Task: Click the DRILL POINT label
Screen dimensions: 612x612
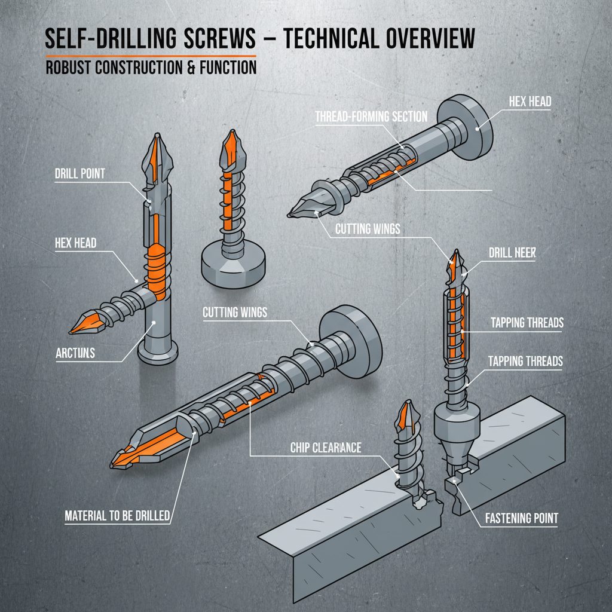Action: [x=79, y=174]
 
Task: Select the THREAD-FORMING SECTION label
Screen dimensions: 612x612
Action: [x=371, y=117]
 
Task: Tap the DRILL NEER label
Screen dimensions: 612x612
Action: [x=512, y=253]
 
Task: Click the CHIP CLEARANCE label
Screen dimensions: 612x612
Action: [x=326, y=448]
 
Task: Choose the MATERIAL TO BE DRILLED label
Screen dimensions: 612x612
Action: [x=117, y=515]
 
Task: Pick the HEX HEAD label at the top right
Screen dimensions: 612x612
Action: [x=530, y=102]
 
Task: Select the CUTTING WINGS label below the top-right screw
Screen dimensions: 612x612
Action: [x=368, y=229]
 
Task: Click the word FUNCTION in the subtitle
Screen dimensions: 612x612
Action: [x=229, y=67]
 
